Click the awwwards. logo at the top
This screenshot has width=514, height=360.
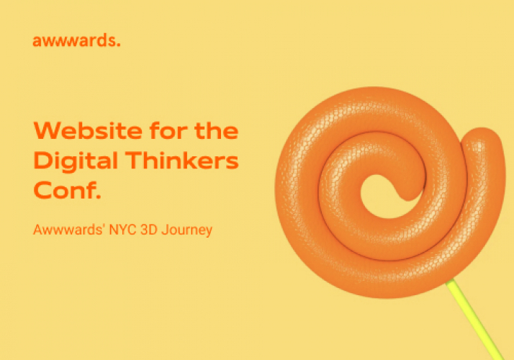(76, 40)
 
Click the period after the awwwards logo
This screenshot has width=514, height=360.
(118, 44)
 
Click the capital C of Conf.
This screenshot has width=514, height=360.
(42, 191)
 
